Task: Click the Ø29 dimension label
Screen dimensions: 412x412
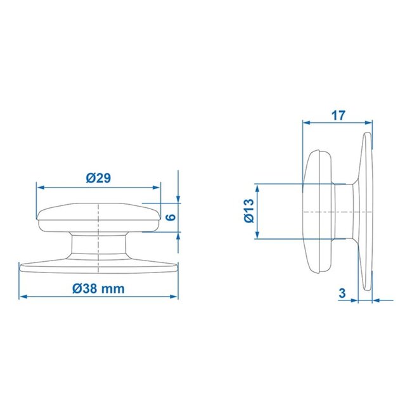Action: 98,179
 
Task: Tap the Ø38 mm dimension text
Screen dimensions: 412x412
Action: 98,288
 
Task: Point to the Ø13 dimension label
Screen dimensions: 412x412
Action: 247,211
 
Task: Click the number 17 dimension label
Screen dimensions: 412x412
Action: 338,116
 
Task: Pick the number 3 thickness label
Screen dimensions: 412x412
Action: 342,293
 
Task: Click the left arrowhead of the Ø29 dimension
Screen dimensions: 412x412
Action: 39,188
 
